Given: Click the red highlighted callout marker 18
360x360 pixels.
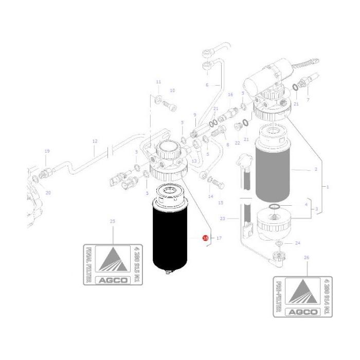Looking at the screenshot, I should pyautogui.click(x=205, y=238).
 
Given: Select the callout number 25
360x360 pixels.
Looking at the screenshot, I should pyautogui.click(x=112, y=221).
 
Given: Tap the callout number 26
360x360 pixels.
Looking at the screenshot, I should pyautogui.click(x=307, y=257).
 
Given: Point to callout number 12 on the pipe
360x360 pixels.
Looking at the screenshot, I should pyautogui.click(x=95, y=141).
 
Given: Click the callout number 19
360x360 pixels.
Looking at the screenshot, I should pyautogui.click(x=47, y=151).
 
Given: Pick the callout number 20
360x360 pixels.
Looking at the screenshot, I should pyautogui.click(x=48, y=193).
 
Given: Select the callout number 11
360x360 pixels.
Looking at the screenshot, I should pyautogui.click(x=158, y=82).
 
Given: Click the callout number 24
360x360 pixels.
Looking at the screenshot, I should pyautogui.click(x=297, y=243).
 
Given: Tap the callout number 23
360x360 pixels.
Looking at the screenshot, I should pyautogui.click(x=222, y=219).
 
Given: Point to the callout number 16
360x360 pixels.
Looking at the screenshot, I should pyautogui.click(x=230, y=95).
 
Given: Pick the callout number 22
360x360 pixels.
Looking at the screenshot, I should pyautogui.click(x=237, y=142).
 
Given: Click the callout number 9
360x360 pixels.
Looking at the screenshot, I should pyautogui.click(x=195, y=115).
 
